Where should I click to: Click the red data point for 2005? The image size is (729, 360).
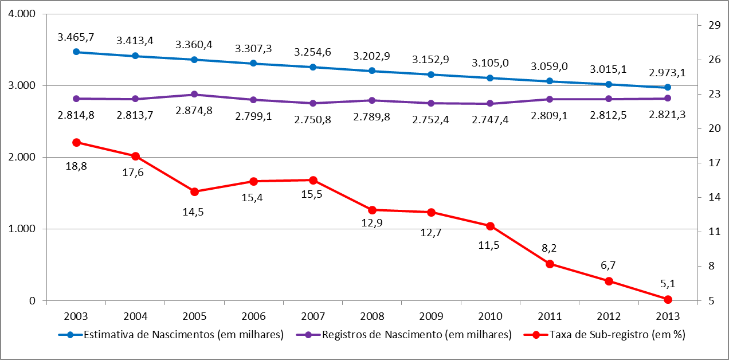click(x=194, y=191)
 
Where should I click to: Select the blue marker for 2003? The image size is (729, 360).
click(x=76, y=52)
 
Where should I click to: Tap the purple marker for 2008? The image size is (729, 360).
click(x=372, y=100)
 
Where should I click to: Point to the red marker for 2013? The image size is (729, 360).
click(x=668, y=299)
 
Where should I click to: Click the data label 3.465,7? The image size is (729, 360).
click(x=76, y=37)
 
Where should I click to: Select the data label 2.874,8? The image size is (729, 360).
click(x=194, y=110)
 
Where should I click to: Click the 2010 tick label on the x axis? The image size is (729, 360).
click(x=490, y=316)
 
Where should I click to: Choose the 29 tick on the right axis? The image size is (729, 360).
click(x=714, y=25)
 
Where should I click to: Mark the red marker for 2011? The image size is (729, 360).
click(x=550, y=264)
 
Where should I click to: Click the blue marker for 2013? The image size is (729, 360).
click(x=668, y=87)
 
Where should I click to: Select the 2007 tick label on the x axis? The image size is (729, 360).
click(x=313, y=316)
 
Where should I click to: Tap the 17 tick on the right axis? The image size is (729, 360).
click(x=714, y=163)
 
